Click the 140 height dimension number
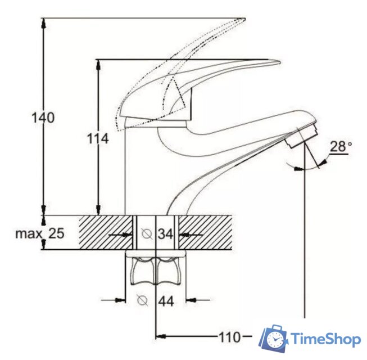(x=43, y=119)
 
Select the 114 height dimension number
(x=98, y=138)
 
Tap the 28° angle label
(x=341, y=147)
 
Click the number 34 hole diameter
(x=165, y=233)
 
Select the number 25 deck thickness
(x=56, y=233)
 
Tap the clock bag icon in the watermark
(x=274, y=339)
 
